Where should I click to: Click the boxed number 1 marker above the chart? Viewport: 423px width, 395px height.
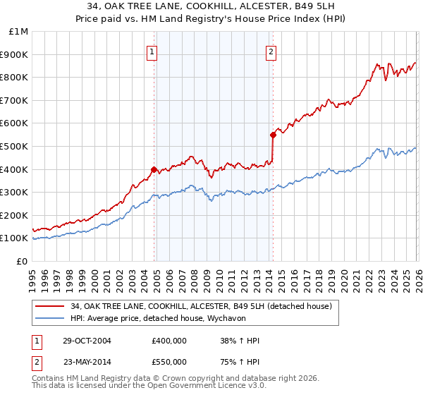tap(153, 51)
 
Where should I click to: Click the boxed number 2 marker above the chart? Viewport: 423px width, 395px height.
tap(271, 51)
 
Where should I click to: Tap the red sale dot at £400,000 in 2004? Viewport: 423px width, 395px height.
tap(154, 169)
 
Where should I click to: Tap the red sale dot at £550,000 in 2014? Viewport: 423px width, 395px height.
tap(272, 134)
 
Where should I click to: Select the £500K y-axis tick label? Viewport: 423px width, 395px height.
tap(16, 146)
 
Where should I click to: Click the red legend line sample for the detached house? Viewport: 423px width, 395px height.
tap(50, 305)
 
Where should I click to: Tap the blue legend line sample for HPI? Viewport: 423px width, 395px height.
tap(50, 318)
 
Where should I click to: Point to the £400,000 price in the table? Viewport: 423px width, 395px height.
tap(168, 341)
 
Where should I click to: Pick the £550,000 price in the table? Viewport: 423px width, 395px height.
tap(168, 361)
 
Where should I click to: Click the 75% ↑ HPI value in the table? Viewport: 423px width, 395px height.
tap(240, 361)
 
